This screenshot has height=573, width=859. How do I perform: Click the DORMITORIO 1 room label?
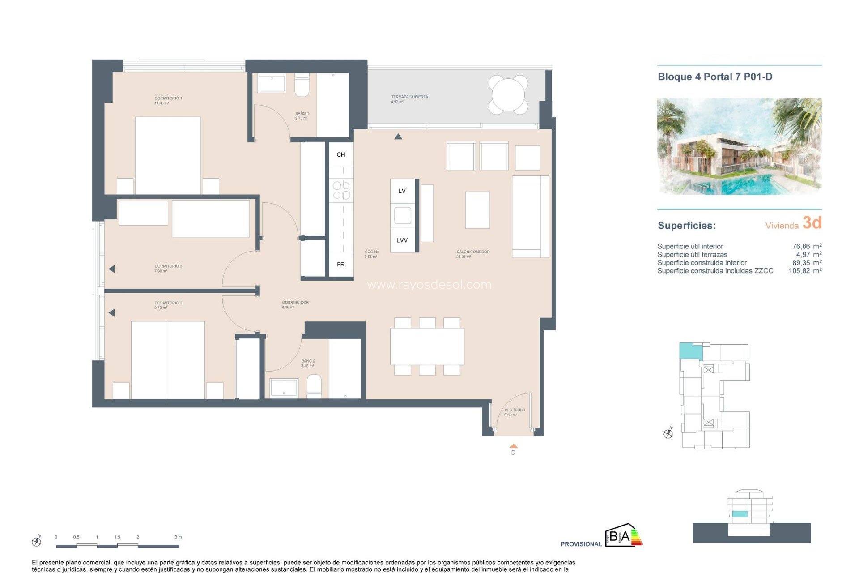click(x=168, y=98)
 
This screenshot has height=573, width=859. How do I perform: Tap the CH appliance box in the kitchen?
click(x=341, y=154)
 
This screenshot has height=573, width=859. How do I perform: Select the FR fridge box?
click(x=341, y=265)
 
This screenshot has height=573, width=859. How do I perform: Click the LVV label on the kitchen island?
click(x=402, y=240)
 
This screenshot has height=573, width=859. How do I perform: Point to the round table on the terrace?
click(x=508, y=94)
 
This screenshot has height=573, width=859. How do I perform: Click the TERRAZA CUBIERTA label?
click(x=409, y=97)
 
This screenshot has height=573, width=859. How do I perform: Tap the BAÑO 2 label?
click(x=308, y=361)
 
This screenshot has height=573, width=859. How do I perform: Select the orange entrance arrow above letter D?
click(x=514, y=446)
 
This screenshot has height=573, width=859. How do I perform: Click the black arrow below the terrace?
click(x=398, y=137)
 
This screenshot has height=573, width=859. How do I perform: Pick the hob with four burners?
click(x=341, y=190)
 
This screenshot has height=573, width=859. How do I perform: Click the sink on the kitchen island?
click(x=402, y=215)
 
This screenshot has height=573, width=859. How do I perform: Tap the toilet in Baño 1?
click(x=302, y=86)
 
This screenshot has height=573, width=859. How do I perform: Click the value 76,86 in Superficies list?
click(x=801, y=246)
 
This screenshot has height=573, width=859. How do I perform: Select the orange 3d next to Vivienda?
click(x=812, y=222)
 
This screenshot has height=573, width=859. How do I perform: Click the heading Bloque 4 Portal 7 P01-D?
click(x=715, y=77)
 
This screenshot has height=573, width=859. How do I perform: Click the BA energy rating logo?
click(x=624, y=536)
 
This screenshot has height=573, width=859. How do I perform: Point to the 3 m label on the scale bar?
click(x=178, y=537)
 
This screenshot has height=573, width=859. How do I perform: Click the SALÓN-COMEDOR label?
click(x=473, y=252)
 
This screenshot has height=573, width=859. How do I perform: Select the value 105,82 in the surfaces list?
click(x=799, y=271)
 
